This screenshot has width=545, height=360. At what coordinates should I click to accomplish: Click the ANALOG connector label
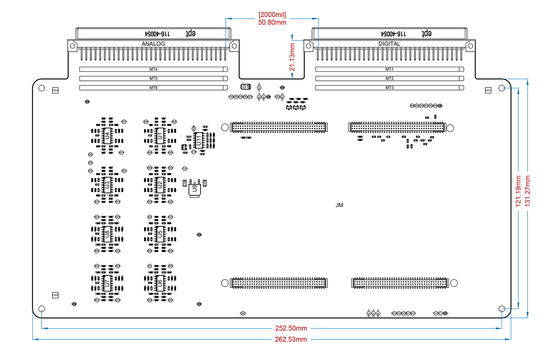(153, 44)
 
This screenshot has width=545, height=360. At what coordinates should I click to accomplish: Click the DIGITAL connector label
(389, 44)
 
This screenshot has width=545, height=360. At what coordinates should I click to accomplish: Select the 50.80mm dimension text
(272, 22)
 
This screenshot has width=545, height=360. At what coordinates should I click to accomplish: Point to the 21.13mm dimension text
(292, 57)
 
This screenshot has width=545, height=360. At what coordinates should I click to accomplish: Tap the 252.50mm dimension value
(291, 328)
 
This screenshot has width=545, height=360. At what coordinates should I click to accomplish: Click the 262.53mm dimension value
(291, 339)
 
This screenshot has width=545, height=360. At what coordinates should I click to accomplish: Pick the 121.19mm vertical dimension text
(518, 191)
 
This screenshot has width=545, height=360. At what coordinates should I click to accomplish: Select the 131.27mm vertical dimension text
(528, 191)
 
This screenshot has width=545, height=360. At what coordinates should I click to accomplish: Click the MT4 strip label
(153, 69)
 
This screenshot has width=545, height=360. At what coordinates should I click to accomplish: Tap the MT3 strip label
(389, 88)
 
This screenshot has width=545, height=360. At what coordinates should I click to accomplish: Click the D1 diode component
(246, 87)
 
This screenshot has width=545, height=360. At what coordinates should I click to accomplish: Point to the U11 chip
(198, 140)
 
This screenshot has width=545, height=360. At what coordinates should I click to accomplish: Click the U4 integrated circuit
(107, 136)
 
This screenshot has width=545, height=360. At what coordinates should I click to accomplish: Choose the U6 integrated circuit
(160, 283)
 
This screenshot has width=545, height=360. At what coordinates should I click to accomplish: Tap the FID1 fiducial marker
(488, 90)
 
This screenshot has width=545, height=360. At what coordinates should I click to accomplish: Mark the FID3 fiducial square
(55, 295)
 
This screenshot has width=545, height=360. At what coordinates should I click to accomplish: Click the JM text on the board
(339, 205)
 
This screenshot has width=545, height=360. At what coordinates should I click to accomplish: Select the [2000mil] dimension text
(272, 15)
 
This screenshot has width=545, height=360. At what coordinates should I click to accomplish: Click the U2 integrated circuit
(160, 185)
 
